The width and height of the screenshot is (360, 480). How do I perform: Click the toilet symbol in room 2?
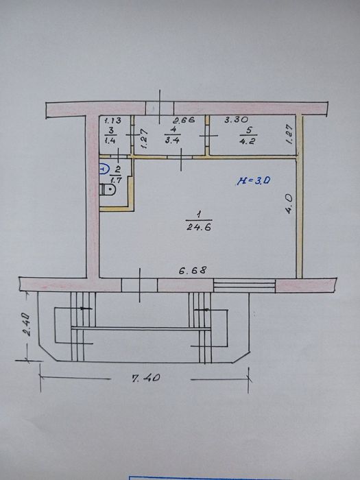coord(108,189)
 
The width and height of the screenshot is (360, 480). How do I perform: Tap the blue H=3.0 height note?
coord(253,181)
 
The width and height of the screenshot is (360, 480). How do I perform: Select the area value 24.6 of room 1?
coord(199,228)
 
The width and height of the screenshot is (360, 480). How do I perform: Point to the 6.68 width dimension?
coord(193,270)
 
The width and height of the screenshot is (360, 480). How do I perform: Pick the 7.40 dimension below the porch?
coord(146,378)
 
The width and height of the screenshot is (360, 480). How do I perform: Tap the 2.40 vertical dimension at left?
coord(26,324)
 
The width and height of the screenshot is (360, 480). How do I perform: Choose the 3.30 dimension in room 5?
coord(236,119)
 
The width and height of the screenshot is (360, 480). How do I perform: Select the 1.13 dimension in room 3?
coord(111,120)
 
